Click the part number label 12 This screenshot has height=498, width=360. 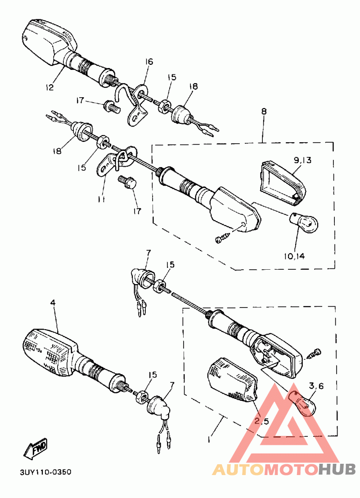[x=49, y=87]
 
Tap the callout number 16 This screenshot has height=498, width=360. [x=149, y=61]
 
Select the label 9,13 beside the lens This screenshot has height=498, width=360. [x=302, y=160]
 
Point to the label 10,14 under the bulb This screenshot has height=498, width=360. [x=294, y=256]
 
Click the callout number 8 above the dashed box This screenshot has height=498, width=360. [x=264, y=112]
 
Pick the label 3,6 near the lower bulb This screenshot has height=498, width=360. [x=316, y=386]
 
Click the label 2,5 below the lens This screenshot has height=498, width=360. [x=261, y=421]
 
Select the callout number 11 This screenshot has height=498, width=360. [x=102, y=199]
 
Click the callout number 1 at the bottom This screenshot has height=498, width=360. [x=208, y=439]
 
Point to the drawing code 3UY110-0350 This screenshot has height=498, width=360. [x=46, y=472]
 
